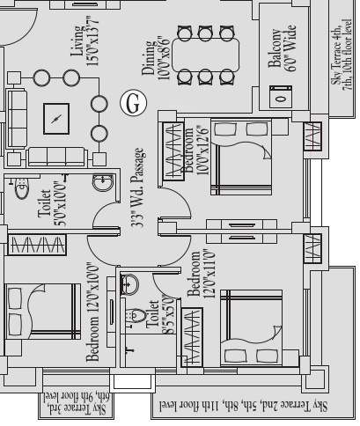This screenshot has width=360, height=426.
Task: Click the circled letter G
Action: [x=132, y=103]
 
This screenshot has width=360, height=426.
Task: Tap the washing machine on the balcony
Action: [x=281, y=96]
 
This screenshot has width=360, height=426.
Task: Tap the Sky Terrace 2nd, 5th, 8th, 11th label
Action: [x=254, y=406]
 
